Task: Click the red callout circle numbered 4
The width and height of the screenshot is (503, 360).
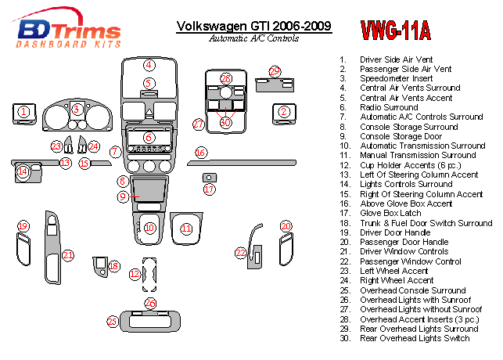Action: click(149, 65)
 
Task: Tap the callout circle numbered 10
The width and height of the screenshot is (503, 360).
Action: click(149, 228)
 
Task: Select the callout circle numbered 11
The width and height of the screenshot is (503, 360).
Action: click(186, 229)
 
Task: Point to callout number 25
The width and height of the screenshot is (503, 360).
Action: click(113, 321)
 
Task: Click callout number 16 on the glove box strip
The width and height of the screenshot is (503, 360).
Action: click(201, 153)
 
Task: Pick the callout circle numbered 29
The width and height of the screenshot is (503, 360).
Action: click(275, 72)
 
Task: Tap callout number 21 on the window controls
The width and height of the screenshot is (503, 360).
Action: click(69, 254)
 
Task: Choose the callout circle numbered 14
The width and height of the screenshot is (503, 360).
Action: click(23, 171)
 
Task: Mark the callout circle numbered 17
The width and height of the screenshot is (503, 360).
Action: click(209, 189)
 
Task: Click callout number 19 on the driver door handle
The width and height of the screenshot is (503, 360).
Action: click(23, 226)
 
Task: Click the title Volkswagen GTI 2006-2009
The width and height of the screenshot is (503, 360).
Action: click(253, 26)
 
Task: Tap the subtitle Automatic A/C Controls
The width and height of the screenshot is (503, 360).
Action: click(253, 38)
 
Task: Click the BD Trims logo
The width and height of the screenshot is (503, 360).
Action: click(69, 32)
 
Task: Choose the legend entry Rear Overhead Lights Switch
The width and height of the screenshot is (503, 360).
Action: click(414, 338)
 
